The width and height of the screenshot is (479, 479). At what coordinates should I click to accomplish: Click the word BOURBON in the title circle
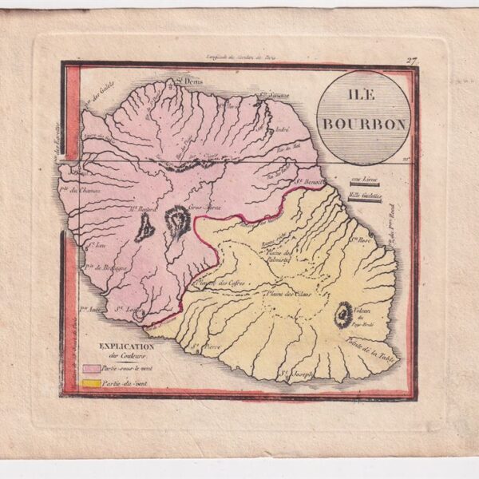364,125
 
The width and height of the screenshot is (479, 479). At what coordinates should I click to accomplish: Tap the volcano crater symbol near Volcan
345,315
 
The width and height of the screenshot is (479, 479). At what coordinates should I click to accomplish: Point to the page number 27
411,61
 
